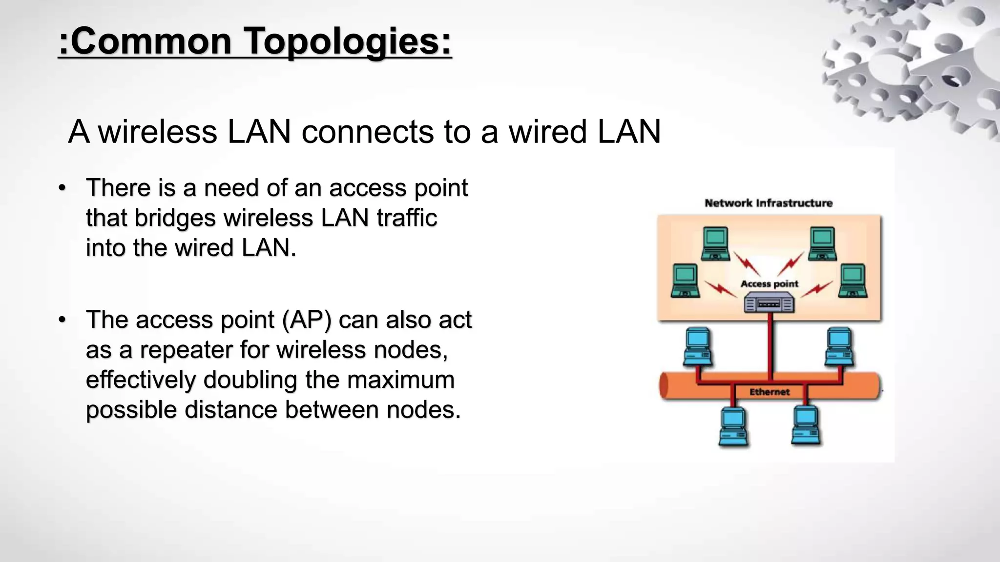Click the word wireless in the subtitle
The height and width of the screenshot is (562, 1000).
158,132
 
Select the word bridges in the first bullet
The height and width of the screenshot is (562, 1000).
175,218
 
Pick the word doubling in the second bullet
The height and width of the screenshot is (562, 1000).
250,380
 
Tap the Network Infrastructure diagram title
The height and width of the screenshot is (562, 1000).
769,203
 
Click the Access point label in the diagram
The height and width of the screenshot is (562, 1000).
769,283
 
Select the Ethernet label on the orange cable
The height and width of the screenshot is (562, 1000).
770,392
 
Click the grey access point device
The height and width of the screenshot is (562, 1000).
769,303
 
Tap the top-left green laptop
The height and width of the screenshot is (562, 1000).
715,243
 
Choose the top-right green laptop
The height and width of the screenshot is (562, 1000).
823,243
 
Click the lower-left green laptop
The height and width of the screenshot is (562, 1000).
685,281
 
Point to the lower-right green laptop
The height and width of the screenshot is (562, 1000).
853,281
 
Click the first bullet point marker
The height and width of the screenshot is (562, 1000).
62,188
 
